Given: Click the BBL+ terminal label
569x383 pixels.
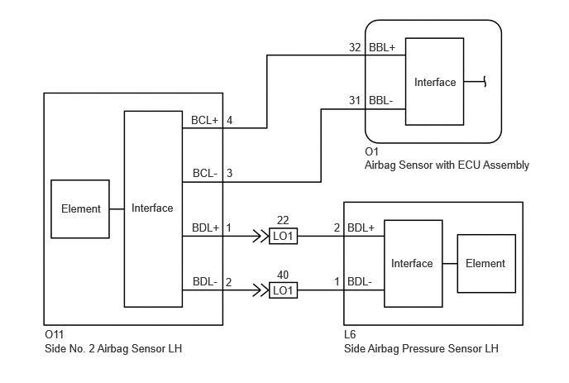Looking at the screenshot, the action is click(x=382, y=47).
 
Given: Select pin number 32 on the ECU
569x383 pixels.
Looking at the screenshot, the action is click(x=355, y=47).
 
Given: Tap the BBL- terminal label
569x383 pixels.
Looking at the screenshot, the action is click(x=381, y=101).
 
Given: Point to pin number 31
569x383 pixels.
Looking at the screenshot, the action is click(x=355, y=101).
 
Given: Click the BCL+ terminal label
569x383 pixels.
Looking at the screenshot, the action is click(x=204, y=120).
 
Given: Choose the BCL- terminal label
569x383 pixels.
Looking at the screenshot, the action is click(x=205, y=173).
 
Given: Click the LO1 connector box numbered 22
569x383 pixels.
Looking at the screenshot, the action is click(x=283, y=237).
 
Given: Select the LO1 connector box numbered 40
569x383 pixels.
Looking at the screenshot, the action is click(x=283, y=290).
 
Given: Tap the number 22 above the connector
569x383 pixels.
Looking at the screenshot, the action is click(x=283, y=220).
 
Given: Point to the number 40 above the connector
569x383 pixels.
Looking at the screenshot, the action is click(x=283, y=275).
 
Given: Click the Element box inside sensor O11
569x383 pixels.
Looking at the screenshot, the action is click(x=80, y=209).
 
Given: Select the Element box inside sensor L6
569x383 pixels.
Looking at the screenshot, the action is click(x=486, y=264).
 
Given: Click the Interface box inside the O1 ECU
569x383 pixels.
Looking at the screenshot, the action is click(x=434, y=82).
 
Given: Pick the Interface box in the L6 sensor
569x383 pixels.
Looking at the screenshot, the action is click(x=414, y=264).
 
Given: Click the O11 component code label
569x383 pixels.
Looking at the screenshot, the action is click(x=54, y=334).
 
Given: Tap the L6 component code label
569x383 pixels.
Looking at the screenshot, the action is click(x=350, y=334).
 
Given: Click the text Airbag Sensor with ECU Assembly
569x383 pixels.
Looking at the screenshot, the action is click(x=447, y=165).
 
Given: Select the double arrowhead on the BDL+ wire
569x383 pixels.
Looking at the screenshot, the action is click(x=261, y=237).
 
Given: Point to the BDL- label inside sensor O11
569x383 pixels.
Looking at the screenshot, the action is click(x=205, y=282).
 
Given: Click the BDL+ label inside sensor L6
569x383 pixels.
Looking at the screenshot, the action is click(x=361, y=227).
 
